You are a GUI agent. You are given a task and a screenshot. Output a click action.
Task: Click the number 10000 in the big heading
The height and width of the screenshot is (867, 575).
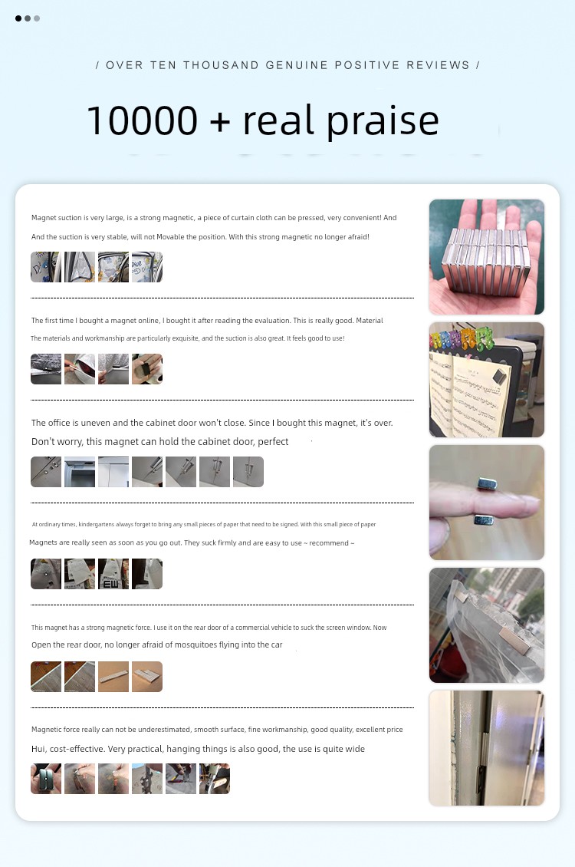tap(143, 120)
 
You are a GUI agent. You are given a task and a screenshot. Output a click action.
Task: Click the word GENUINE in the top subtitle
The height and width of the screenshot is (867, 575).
tap(297, 65)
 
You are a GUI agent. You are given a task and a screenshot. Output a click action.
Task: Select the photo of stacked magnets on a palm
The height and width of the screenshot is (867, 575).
tap(487, 257)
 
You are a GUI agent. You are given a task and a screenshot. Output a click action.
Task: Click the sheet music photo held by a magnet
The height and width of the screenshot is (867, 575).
tap(487, 380)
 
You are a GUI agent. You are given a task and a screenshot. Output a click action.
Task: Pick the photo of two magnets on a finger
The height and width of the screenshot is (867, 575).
tap(487, 503)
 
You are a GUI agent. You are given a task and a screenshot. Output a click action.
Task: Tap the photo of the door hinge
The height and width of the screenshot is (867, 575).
tap(487, 748)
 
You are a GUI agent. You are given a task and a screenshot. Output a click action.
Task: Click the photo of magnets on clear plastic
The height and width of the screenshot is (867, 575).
tap(487, 625)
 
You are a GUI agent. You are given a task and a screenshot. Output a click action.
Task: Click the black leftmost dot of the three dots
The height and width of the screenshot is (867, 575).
tap(18, 18)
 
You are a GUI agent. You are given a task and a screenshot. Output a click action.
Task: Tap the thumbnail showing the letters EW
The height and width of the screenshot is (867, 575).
tap(113, 574)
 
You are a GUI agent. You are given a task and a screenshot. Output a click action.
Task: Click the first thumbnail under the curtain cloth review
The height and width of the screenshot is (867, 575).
tap(46, 267)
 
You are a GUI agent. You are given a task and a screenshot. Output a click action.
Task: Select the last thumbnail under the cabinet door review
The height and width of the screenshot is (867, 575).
tap(248, 472)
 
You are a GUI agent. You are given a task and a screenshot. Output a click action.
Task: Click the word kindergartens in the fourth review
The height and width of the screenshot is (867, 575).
tap(97, 524)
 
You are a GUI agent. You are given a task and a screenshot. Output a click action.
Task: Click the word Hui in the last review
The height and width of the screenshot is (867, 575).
tap(38, 749)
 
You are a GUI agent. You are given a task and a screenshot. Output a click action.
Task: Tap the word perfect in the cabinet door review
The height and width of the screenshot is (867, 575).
tap(273, 442)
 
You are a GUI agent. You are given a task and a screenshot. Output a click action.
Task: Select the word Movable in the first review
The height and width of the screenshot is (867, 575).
tap(171, 236)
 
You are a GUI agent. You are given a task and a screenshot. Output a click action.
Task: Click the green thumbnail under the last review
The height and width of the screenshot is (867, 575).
tap(46, 779)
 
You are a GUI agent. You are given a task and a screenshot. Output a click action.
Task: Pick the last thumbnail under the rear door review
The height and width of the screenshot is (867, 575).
tap(147, 676)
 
